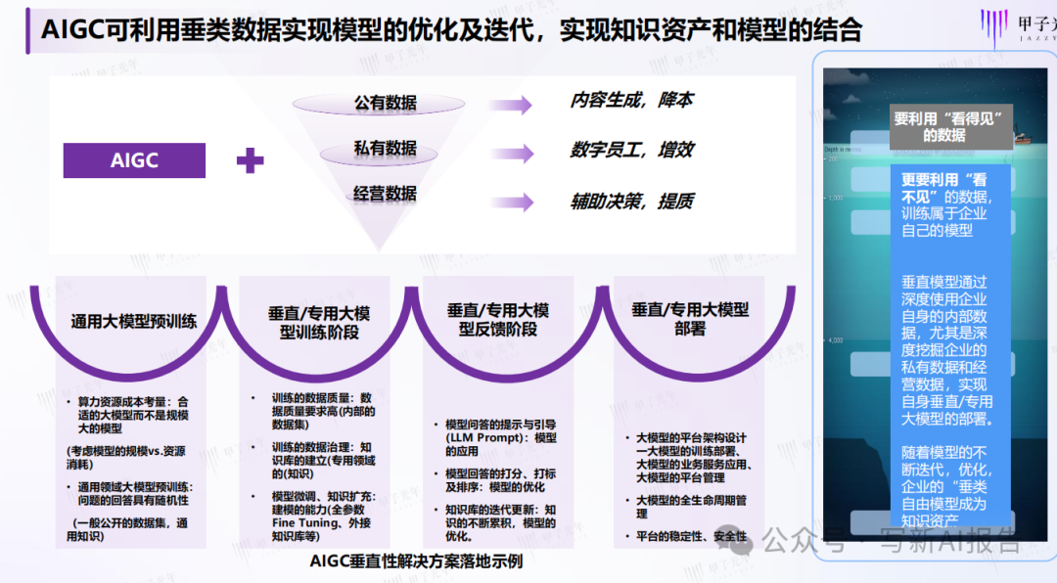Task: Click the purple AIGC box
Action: tap(134, 160)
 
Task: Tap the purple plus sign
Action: tap(251, 160)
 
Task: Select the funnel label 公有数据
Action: tap(385, 103)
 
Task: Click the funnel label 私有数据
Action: tap(385, 149)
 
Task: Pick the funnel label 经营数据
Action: tap(385, 194)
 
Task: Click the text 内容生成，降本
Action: tap(631, 101)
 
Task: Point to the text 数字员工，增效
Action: tap(631, 150)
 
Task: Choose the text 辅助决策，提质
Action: tap(631, 201)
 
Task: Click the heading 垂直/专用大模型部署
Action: tap(690, 320)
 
